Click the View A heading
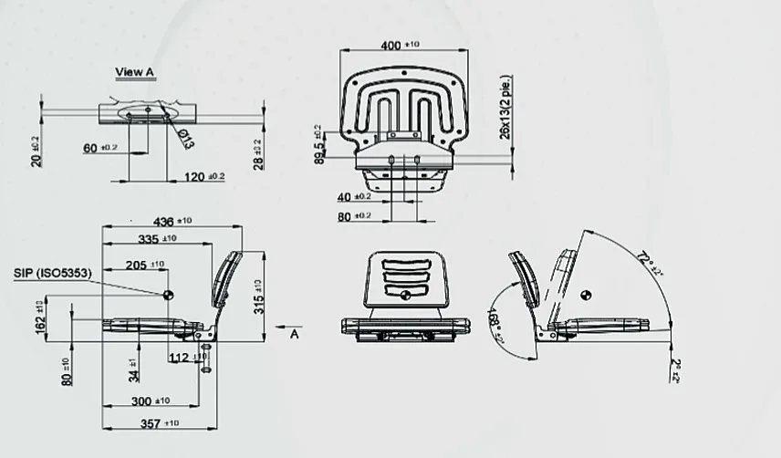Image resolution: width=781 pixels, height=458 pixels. (135, 71)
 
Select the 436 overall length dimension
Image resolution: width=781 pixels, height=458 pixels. (164, 222)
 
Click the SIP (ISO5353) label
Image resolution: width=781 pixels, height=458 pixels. (51, 273)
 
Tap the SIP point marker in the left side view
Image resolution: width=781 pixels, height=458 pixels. (167, 294)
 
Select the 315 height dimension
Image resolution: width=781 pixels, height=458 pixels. (258, 297)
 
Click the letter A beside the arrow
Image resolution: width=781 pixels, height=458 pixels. (295, 334)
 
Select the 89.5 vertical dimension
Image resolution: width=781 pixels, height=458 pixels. (319, 146)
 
